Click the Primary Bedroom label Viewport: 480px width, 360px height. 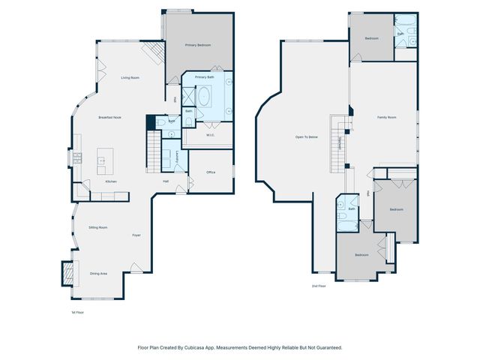198,46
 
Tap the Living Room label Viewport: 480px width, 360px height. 130,77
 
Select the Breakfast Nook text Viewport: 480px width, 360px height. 110,118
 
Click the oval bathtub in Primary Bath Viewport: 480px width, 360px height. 205,97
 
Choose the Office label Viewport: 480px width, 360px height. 211,172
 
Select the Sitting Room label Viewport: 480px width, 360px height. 98,226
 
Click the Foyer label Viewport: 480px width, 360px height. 136,235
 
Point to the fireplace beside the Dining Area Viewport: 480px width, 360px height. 67,273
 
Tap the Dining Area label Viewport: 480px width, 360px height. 98,274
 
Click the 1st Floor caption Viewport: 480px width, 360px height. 77,312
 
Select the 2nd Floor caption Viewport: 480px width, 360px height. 319,286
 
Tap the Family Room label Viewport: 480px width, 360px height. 386,118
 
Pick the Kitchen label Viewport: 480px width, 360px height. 110,182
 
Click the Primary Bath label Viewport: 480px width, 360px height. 205,77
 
